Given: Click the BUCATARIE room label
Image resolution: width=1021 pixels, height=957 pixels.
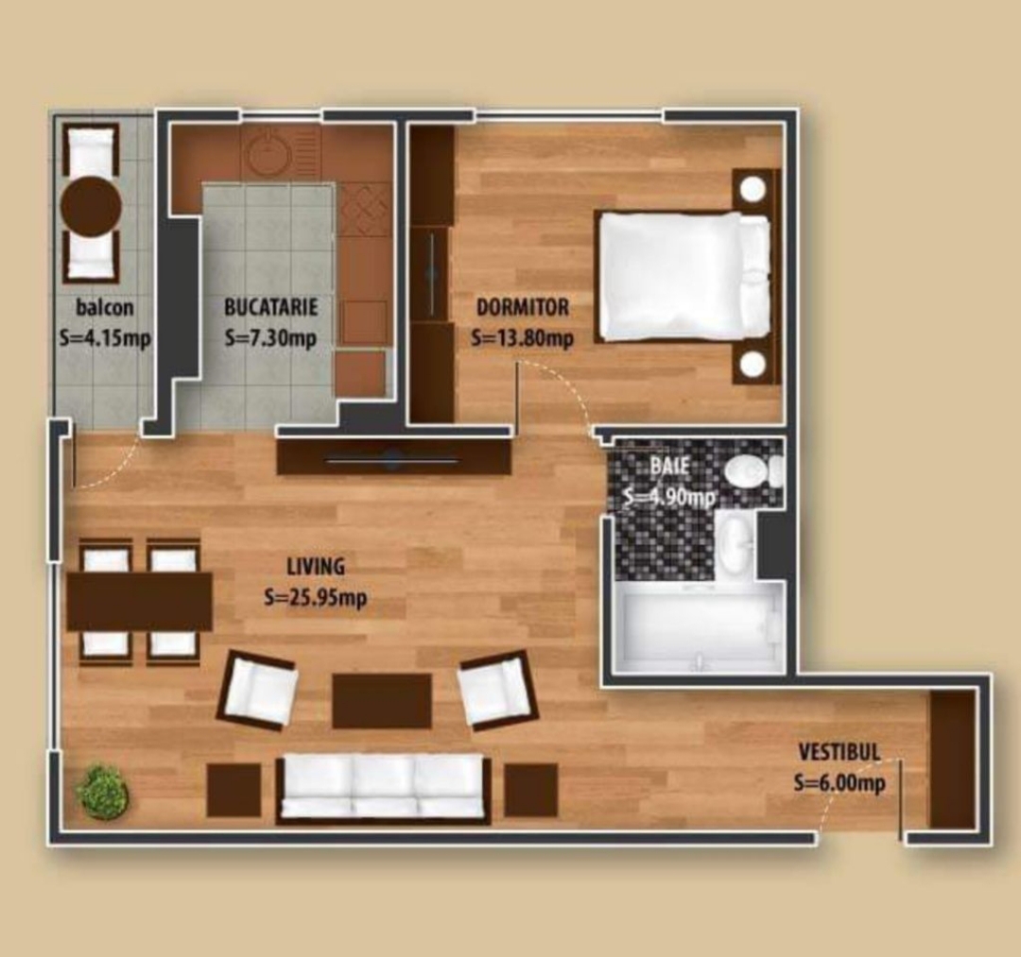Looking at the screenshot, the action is click(271, 306).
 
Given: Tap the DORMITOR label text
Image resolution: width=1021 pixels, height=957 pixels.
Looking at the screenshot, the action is click(522, 307).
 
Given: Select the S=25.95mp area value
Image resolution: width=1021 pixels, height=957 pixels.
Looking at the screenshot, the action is click(316, 597).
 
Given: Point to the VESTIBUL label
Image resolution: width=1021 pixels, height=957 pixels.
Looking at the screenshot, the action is click(839, 752).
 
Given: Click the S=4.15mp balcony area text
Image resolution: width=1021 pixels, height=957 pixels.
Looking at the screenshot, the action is click(104, 338).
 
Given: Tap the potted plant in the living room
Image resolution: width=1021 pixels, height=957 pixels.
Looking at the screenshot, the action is click(104, 788).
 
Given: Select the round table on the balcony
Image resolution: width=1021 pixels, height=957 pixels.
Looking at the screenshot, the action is click(91, 206).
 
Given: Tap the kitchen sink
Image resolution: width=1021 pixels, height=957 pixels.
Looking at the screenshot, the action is click(268, 152).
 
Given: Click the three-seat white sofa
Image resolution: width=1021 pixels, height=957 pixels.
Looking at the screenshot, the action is click(382, 789).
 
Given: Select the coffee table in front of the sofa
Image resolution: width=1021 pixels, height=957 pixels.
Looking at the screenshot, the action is click(382, 701).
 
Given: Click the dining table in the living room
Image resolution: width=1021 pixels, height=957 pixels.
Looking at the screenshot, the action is click(139, 601).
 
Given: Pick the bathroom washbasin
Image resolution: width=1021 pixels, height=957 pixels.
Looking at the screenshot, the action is click(735, 542).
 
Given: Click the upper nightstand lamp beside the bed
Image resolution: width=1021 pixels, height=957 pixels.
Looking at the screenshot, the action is click(753, 189).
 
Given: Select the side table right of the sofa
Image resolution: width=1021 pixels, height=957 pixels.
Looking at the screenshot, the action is click(530, 790).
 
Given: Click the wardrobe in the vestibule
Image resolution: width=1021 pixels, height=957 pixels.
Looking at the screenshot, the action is click(953, 760).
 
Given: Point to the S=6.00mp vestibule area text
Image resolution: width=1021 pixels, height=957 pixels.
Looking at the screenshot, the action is click(839, 782).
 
